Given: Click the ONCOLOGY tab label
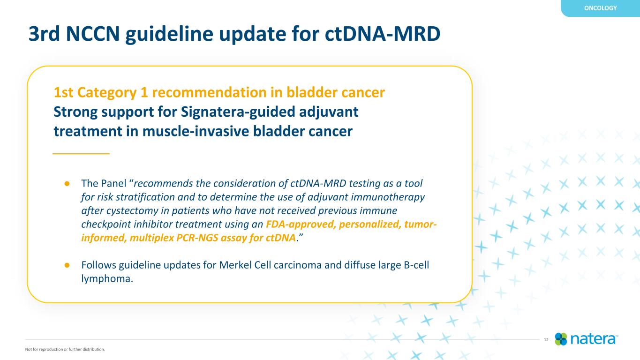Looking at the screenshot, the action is pos(600,8).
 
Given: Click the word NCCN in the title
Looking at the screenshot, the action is pos(92,34).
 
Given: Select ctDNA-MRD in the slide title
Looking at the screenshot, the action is pos(383,34).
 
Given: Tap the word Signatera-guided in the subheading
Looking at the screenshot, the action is pos(238,112).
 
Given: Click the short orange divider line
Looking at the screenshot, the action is pos(81,154).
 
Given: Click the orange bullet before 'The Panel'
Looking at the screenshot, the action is pos(67,184).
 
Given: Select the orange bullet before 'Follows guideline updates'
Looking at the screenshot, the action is pos(67,265).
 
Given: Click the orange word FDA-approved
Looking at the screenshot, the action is pos(301,225).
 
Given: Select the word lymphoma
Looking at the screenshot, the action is pos(107,279).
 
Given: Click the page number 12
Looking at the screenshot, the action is pos(546,340).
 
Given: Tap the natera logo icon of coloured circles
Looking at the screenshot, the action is pos(561,339).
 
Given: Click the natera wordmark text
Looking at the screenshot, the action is pos(593,339).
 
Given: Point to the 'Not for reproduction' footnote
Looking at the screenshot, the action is pos(65,349).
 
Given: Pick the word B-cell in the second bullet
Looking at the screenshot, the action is pos(416,265).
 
